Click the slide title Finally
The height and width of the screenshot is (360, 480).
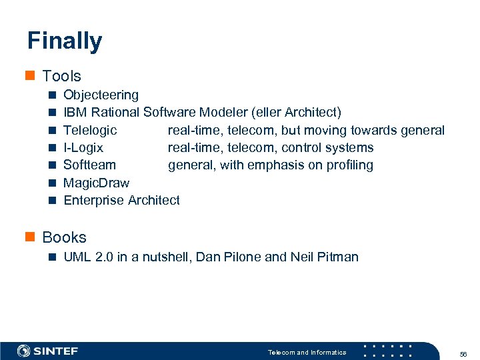pyautogui.click(x=65, y=41)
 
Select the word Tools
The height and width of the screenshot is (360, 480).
pyautogui.click(x=61, y=76)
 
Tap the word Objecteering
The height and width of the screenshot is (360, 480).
pyautogui.click(x=101, y=95)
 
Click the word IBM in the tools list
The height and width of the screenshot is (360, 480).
pyautogui.click(x=75, y=113)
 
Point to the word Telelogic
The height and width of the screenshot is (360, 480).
pyautogui.click(x=90, y=130)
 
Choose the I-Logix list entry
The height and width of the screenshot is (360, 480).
pyautogui.click(x=83, y=147)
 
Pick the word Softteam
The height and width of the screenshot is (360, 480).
pyautogui.click(x=89, y=165)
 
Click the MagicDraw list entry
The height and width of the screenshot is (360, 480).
pyautogui.click(x=96, y=183)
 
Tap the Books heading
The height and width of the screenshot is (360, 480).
pyautogui.click(x=64, y=237)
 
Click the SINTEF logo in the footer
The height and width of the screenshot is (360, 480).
pyautogui.click(x=47, y=351)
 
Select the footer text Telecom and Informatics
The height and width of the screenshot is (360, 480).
pyautogui.click(x=307, y=352)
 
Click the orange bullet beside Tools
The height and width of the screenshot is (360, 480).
pyautogui.click(x=31, y=76)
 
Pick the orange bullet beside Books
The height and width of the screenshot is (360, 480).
pyautogui.click(x=31, y=237)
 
